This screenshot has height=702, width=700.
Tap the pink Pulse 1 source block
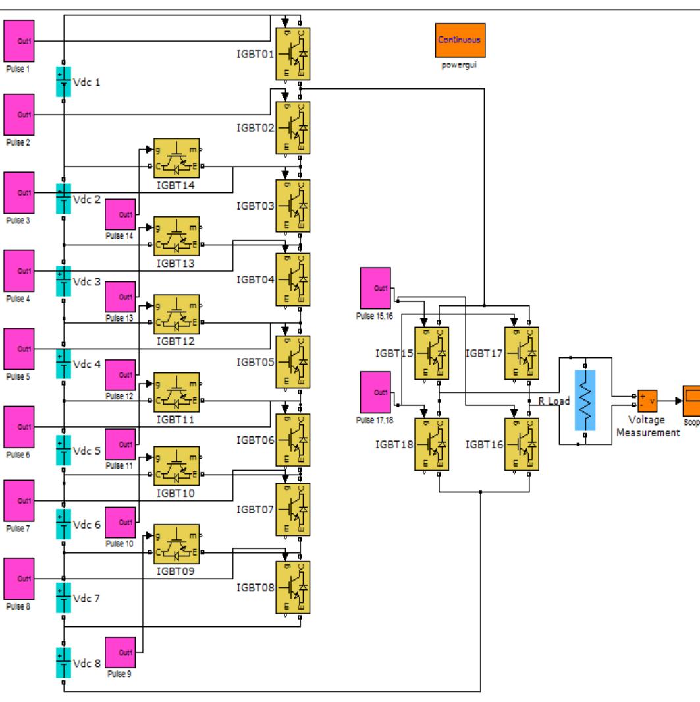[19, 42]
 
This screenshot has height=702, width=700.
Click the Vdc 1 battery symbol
[63, 82]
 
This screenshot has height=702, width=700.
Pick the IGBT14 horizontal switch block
[176, 158]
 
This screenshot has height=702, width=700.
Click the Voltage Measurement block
[647, 399]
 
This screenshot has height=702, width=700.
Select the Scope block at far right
[691, 398]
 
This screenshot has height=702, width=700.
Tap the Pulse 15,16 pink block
[375, 287]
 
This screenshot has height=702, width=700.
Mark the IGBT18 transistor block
[431, 444]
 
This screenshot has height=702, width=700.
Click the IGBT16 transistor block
[520, 444]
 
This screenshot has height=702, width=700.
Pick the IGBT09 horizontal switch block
[176, 544]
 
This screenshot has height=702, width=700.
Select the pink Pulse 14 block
[121, 214]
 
